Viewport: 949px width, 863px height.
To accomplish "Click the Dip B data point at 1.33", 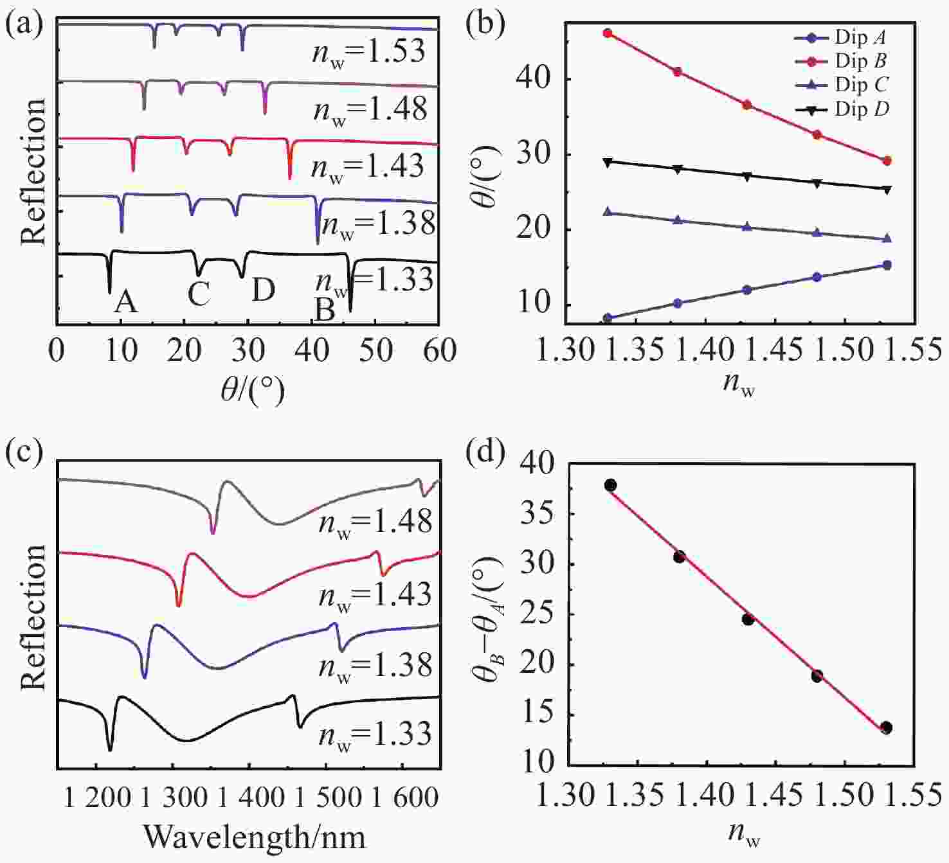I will (608, 33).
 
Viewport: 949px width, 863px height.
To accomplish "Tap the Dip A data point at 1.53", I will (887, 265).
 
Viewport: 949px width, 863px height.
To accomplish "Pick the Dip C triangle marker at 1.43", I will (747, 227).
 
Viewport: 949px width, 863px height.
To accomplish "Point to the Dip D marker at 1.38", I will (677, 168).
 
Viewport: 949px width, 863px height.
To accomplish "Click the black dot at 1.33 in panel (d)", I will (610, 485).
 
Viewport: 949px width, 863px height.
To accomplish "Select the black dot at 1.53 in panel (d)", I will (887, 727).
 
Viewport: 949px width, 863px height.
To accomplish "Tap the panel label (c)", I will (24, 452).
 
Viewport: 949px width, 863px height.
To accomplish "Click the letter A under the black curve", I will (125, 301).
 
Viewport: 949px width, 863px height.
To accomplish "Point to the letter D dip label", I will (263, 290).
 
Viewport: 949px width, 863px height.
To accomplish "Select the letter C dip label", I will (199, 294).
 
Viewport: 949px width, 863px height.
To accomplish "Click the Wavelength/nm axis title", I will (254, 837).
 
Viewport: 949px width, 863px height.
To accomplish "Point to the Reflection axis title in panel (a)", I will (33, 172).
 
